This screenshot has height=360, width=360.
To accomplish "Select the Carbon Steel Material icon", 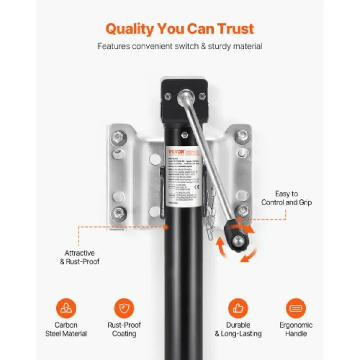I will click(x=66, y=308).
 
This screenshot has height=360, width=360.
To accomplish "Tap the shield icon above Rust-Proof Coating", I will click(x=124, y=308).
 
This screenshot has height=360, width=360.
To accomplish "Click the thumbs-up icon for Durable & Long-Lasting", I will click(x=238, y=308).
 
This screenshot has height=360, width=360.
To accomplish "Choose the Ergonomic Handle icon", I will click(x=296, y=308).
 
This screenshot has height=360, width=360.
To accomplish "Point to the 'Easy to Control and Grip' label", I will click(x=286, y=198).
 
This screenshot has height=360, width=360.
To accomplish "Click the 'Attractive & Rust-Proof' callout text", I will click(x=79, y=257).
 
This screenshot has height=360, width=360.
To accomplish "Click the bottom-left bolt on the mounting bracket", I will click(x=118, y=213).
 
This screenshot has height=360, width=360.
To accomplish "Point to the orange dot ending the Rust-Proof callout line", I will click(x=165, y=227).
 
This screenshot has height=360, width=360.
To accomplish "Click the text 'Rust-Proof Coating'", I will click(x=124, y=329).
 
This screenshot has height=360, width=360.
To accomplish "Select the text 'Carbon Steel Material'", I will click(x=66, y=329).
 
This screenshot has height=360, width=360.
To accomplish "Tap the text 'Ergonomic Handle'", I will click(x=296, y=329).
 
